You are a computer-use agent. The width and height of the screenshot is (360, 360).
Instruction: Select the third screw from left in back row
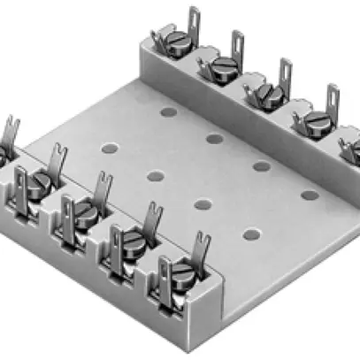(267, 92)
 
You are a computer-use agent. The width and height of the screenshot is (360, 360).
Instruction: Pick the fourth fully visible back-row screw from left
(313, 121)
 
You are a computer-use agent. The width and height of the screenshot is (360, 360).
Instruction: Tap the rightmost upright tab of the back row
(333, 99)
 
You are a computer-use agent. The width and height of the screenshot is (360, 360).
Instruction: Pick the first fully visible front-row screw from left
(37, 181)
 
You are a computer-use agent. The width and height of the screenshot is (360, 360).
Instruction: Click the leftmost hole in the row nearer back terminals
(165, 111)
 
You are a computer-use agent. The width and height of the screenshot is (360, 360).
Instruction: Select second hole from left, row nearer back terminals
(212, 138)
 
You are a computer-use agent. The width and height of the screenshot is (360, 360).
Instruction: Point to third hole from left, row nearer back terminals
(261, 165)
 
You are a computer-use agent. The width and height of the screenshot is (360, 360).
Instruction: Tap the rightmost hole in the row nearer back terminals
(309, 194)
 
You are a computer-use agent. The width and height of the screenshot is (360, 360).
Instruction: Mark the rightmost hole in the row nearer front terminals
(251, 234)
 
